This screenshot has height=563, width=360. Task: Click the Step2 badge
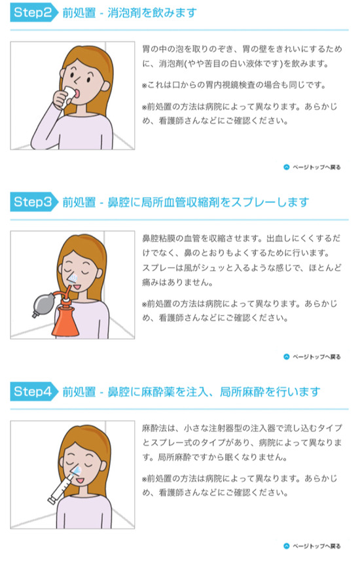pos(34,12)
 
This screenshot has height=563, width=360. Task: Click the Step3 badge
pos(34,202)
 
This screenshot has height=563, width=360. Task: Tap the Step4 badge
pos(34,391)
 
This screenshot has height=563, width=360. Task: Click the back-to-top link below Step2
pos(312,167)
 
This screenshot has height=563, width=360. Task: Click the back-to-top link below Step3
pos(312,357)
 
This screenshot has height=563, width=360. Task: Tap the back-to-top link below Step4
pos(312,546)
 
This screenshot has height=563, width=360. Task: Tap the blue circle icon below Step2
pos(287,167)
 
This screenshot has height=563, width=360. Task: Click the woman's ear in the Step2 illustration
pos(105,86)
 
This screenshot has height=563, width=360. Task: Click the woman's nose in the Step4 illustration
pos(77,468)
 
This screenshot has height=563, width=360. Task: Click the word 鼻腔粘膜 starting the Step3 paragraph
pos(158,238)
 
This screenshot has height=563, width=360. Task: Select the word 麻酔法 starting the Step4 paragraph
pos(154,428)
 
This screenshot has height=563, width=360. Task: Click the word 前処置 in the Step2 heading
pos(79,13)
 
